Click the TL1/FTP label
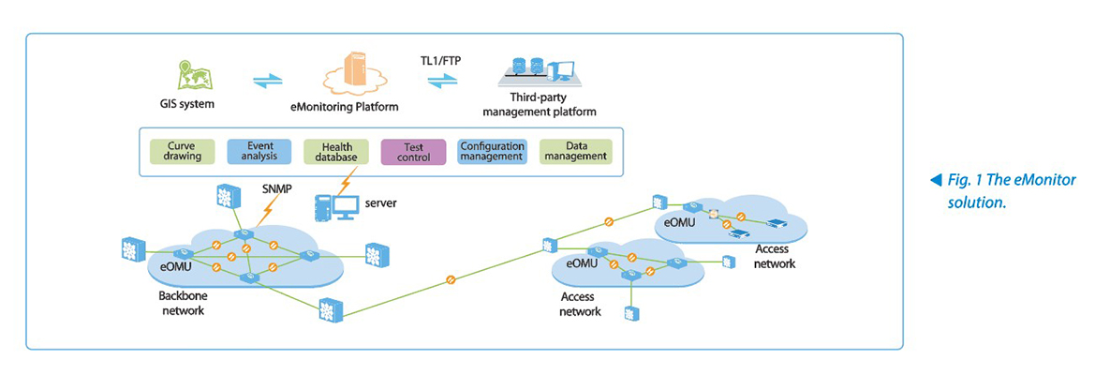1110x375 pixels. coord(441,60)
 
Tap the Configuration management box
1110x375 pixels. coord(491,152)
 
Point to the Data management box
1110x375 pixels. coord(575,152)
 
